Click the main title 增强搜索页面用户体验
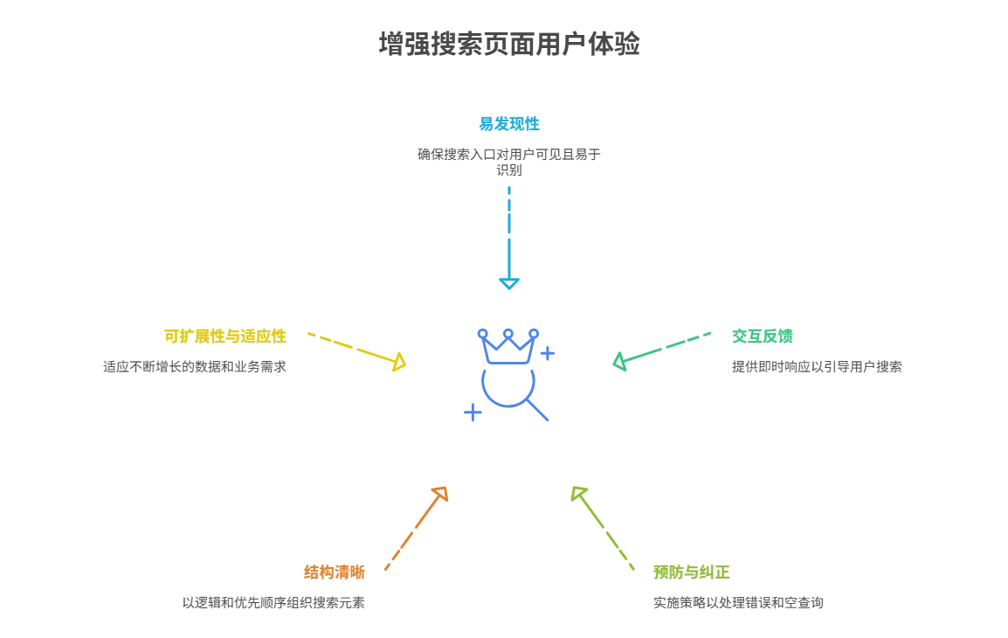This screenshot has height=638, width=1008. click(x=508, y=45)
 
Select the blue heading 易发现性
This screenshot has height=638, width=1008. click(x=508, y=124)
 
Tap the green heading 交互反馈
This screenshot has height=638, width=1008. click(x=762, y=336)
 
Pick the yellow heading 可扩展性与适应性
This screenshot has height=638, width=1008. click(x=224, y=336)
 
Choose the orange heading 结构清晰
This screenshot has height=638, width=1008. click(x=334, y=572)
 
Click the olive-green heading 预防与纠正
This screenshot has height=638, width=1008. click(x=691, y=572)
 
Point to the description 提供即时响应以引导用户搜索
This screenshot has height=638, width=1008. click(x=817, y=367)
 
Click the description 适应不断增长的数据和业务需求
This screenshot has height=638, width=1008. click(x=194, y=367)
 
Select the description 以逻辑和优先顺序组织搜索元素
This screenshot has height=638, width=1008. click(x=273, y=603)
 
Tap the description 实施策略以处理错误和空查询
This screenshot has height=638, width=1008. click(x=738, y=603)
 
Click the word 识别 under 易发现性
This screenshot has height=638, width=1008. click(x=508, y=170)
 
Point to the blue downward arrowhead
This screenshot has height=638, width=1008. click(x=508, y=283)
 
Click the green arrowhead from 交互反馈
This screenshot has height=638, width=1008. click(x=619, y=361)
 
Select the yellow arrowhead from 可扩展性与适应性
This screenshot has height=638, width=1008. click(x=399, y=362)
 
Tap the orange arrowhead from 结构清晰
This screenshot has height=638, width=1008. click(x=440, y=494)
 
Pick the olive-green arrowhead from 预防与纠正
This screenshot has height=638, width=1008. click(x=578, y=494)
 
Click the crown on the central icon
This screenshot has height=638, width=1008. click(x=507, y=347)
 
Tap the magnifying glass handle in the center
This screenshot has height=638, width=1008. click(x=537, y=410)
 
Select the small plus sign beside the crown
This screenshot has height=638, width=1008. click(x=547, y=353)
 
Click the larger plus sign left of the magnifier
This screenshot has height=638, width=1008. click(x=473, y=412)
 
